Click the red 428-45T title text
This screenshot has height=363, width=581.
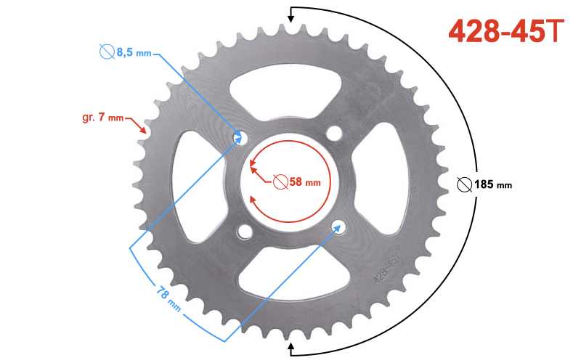(x=506, y=31)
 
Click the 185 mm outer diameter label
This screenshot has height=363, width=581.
(x=493, y=184)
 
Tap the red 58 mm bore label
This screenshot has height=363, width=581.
(x=304, y=182)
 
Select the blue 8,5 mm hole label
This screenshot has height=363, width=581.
(x=134, y=52)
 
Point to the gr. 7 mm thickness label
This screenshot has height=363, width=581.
(x=102, y=118)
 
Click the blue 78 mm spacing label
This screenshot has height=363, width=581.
(x=168, y=298)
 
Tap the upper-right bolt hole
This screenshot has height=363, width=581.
(x=334, y=133)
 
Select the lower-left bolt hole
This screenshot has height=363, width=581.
(x=245, y=232)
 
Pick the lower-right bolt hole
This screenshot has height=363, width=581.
(x=338, y=227)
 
